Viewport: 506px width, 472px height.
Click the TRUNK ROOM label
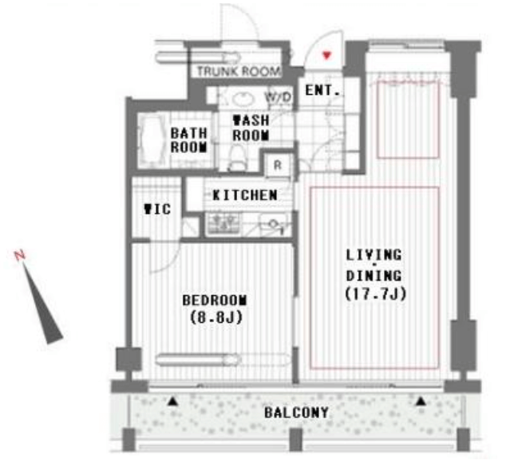point(239,71)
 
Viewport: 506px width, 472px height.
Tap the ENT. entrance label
point(322,90)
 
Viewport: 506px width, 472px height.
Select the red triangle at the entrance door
point(327,55)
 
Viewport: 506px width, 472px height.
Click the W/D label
point(278,96)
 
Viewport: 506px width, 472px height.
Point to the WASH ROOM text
point(251,128)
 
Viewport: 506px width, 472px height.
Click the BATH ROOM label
point(189,140)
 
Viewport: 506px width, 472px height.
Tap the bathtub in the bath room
point(151,140)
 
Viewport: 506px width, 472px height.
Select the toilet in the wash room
point(237,157)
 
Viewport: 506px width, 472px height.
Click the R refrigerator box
point(278,165)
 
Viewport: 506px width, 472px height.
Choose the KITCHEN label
point(245,195)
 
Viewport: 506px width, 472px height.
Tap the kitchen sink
point(273,224)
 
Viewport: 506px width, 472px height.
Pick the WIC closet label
point(157,209)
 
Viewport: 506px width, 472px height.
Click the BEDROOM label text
point(215,300)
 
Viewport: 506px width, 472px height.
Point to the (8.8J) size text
point(216,317)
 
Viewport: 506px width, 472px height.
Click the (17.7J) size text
point(376,293)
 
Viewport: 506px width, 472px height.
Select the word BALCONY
point(296,413)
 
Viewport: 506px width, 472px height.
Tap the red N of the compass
point(20,255)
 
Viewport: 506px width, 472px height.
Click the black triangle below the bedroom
point(172,401)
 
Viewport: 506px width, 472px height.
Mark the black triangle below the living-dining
point(421,401)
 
